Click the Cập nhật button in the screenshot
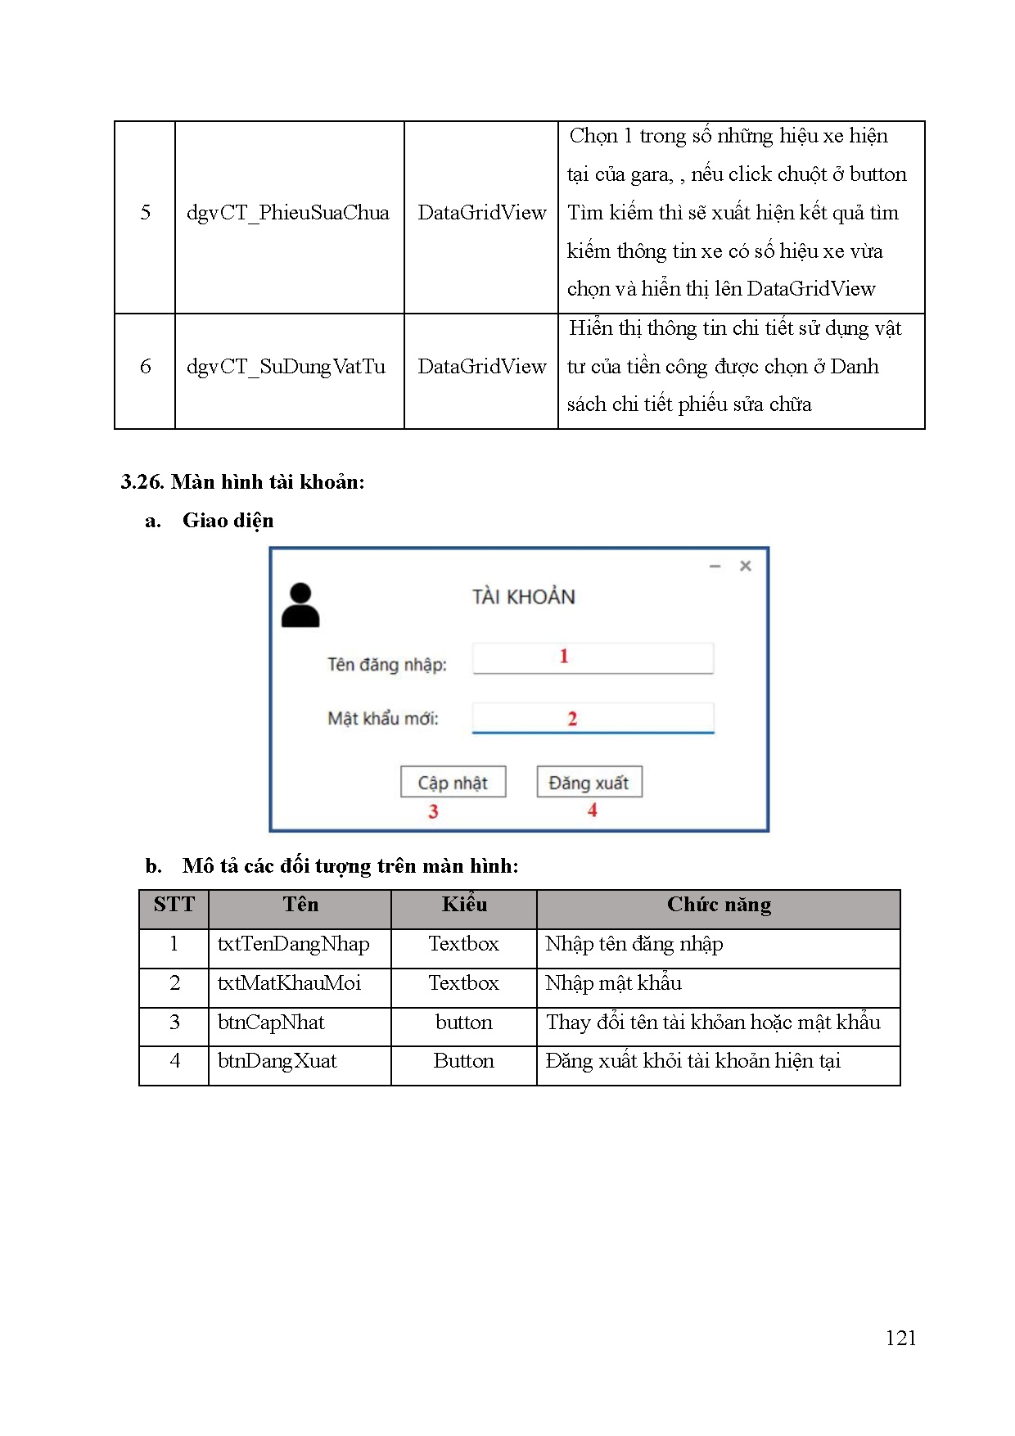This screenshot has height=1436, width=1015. (453, 782)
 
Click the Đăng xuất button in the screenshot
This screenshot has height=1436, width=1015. (589, 782)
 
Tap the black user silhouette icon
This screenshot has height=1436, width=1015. (300, 606)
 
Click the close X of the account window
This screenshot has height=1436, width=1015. (745, 566)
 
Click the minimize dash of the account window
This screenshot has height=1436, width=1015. (715, 566)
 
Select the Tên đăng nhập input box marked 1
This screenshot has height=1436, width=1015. (593, 657)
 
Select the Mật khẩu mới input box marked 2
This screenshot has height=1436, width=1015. (593, 718)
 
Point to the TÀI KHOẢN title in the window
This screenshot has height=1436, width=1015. (523, 597)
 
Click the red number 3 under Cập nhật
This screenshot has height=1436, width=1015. (433, 811)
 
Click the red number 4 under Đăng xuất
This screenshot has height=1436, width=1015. (592, 810)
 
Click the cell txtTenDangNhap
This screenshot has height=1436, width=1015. (293, 944)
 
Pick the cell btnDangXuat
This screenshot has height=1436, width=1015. (277, 1061)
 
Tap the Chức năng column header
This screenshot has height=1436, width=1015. (718, 905)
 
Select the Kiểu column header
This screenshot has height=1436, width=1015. (463, 905)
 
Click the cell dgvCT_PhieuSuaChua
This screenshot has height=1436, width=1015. (287, 213)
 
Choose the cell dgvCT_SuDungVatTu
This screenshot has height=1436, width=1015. (286, 367)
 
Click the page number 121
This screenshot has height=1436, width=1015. (900, 1338)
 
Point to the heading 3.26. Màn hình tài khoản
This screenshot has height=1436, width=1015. (242, 481)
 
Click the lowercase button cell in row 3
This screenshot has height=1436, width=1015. (463, 1023)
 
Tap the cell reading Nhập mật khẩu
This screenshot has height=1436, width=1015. (613, 983)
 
